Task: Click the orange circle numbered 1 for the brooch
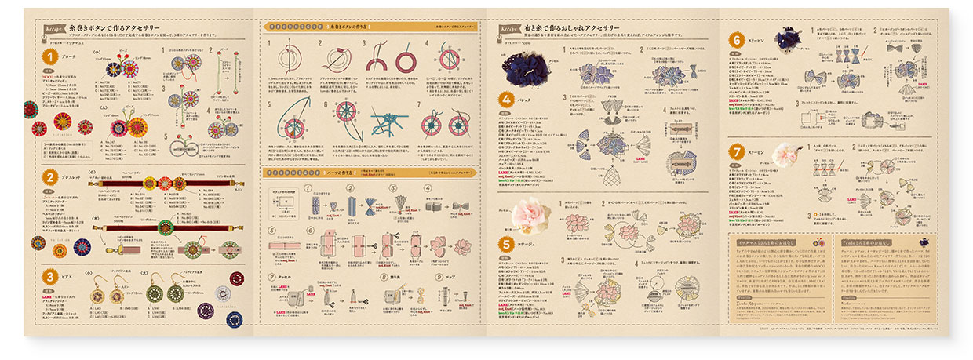click(x=49, y=56)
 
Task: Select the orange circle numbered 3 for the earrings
click(x=49, y=276)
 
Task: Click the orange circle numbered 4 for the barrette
click(x=508, y=100)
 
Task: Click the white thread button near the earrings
click(x=205, y=311)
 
